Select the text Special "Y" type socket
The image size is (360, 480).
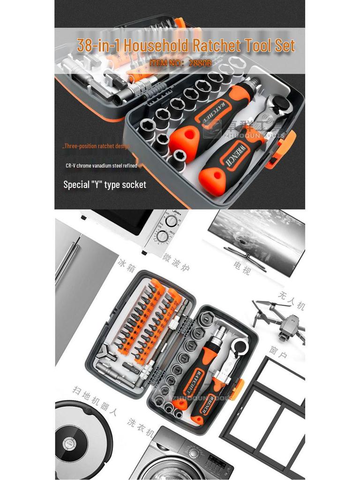[x=105, y=185]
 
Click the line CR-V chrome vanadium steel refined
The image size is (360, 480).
[x=101, y=165]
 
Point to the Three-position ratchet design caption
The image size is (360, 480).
[x=96, y=146]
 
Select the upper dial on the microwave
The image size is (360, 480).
[x=171, y=220]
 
